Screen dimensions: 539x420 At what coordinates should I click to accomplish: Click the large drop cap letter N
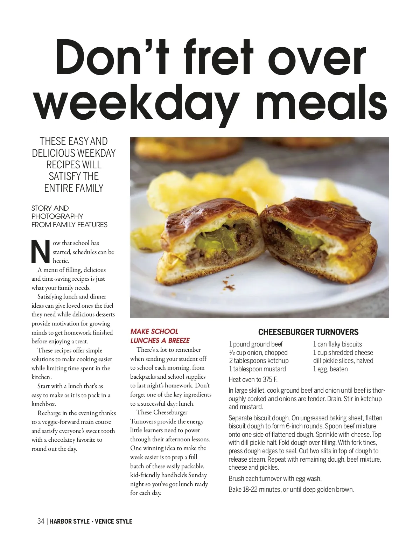coord(41,251)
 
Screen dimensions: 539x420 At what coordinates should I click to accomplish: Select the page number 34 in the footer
coord(41,521)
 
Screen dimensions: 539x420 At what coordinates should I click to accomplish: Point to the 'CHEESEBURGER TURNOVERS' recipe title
coord(308,332)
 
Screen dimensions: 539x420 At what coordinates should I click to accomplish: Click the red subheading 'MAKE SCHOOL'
coord(154,331)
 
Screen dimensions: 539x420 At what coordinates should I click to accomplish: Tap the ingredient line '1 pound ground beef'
coord(255,344)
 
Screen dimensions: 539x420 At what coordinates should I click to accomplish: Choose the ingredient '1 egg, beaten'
coord(330,369)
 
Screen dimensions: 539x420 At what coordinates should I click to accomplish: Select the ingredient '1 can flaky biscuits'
coord(337,344)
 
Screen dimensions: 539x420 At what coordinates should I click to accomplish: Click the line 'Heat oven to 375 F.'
coord(253,379)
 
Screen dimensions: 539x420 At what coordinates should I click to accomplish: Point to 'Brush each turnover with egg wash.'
coord(275,478)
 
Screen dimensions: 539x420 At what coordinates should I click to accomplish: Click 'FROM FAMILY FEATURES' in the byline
coord(69,225)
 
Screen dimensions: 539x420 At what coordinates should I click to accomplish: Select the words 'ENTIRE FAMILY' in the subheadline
coord(74,188)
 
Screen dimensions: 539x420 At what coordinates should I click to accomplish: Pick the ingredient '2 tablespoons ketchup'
coord(259,361)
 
